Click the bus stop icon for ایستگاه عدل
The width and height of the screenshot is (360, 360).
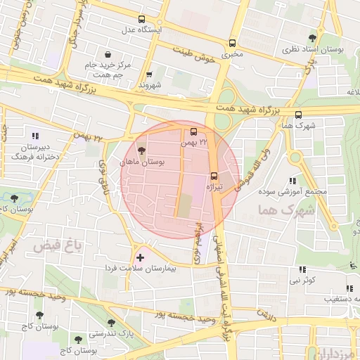pyautogui.click(x=143, y=20)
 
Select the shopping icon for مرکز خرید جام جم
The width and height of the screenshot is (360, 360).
pyautogui.click(x=107, y=54)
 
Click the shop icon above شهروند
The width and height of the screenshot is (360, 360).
pyautogui.click(x=149, y=75)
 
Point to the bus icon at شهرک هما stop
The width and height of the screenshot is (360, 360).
pyautogui.click(x=299, y=115)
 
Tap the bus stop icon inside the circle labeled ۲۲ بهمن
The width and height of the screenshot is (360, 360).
pyautogui.click(x=194, y=131)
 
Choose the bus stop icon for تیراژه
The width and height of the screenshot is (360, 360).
pyautogui.click(x=214, y=176)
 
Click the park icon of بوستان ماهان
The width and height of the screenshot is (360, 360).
pyautogui.click(x=142, y=150)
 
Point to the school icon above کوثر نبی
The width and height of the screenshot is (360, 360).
pyautogui.click(x=302, y=269)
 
